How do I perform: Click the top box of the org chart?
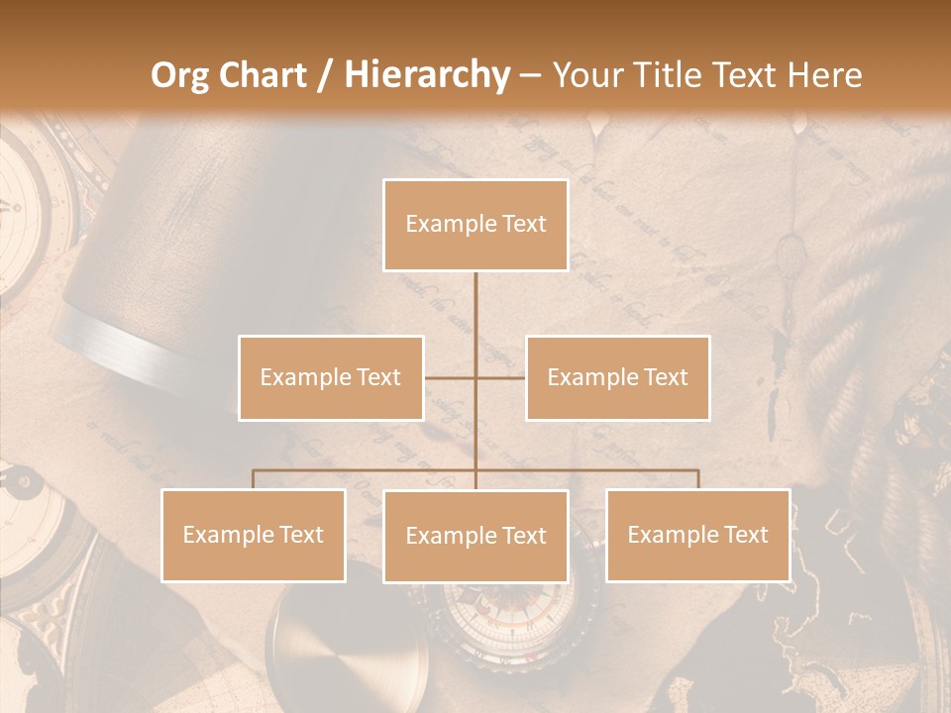[475, 225]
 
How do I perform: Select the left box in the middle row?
[331, 377]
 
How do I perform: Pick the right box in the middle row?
[617, 377]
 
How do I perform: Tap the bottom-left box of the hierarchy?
[254, 535]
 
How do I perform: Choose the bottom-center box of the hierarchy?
[475, 536]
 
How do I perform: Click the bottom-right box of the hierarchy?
[697, 535]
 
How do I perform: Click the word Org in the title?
[179, 75]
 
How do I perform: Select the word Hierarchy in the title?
[426, 75]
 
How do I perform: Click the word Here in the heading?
[824, 75]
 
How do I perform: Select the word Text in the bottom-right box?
[745, 535]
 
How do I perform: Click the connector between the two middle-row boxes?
[475, 377]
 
